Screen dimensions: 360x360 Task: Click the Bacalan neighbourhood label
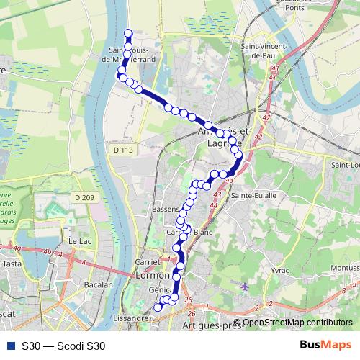tap(98, 284)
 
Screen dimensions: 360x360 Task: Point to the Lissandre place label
tap(130, 317)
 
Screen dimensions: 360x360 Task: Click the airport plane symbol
tap(246, 287)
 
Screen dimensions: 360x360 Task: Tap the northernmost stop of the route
tap(129, 33)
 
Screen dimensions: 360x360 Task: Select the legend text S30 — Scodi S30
tap(63, 346)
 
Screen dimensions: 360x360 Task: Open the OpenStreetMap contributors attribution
tap(297, 322)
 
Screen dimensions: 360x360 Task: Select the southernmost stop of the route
tap(158, 307)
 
